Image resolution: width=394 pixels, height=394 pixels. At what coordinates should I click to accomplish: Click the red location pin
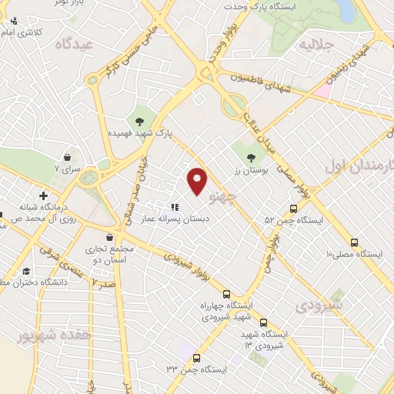[x=198, y=180]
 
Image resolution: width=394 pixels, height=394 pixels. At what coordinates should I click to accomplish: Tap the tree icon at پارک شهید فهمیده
[x=140, y=121]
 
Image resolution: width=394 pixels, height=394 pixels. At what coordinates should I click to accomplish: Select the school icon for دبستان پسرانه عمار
[x=175, y=206]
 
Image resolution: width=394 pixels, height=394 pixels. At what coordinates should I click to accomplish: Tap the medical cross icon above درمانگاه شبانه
[x=44, y=195]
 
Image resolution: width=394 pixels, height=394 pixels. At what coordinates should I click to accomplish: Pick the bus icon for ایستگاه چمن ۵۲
[x=293, y=208]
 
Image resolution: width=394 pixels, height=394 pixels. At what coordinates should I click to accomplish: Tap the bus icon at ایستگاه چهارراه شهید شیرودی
[x=227, y=293]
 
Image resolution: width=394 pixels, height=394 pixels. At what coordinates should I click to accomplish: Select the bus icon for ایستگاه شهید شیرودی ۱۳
[x=264, y=323]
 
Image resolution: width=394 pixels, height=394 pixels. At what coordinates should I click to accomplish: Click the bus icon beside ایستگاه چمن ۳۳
[x=197, y=358]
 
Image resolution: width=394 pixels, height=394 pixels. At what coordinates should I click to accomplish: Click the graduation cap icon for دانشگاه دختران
[x=27, y=271]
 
